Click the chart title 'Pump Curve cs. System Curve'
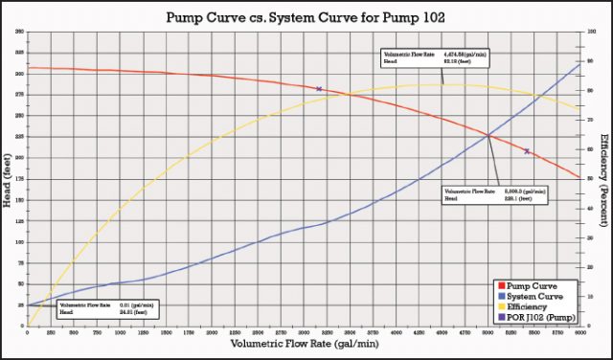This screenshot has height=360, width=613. tap(305, 17)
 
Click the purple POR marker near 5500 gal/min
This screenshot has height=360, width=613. tap(527, 151)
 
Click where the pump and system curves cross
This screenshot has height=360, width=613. tap(488, 135)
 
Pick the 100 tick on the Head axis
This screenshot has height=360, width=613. tap(20, 242)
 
